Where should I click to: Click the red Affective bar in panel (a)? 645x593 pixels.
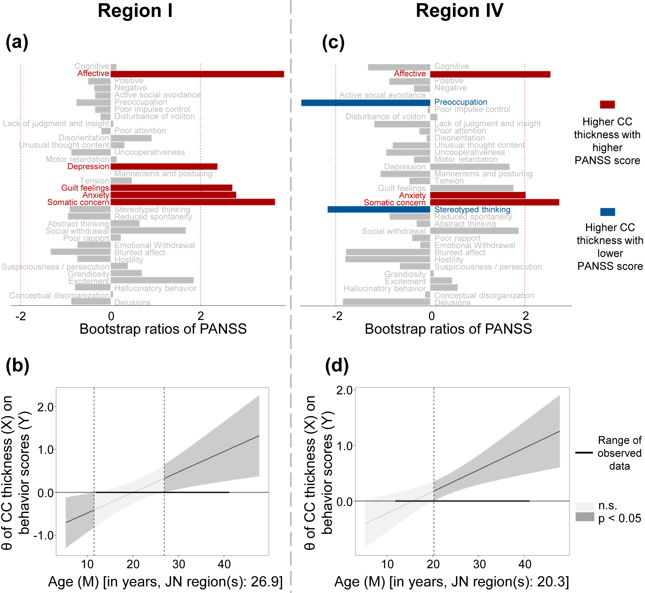tap(197, 74)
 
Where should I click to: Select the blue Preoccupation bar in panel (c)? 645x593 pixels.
tap(365, 103)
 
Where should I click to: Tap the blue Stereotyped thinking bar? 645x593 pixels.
tap(379, 210)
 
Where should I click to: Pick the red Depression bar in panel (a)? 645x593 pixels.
tap(164, 167)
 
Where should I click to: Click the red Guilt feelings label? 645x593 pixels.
tap(85, 188)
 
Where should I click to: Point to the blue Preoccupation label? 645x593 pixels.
tap(460, 102)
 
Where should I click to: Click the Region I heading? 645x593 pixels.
tap(135, 11)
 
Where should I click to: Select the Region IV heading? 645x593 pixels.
tap(459, 11)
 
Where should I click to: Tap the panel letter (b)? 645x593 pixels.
tap(17, 365)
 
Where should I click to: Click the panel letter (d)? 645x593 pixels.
tap(337, 365)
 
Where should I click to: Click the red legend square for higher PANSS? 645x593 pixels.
tap(607, 105)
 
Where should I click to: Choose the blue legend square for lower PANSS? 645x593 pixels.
tap(607, 212)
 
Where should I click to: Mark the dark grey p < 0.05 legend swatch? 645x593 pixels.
tap(585, 517)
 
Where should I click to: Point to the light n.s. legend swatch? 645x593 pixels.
tap(585, 507)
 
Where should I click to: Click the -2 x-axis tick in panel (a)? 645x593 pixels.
tap(21, 316)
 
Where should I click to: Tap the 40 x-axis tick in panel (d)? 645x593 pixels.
tap(525, 564)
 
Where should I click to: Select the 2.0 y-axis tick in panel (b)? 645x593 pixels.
tap(46, 407)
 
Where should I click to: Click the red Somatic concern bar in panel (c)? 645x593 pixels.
tap(494, 202)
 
